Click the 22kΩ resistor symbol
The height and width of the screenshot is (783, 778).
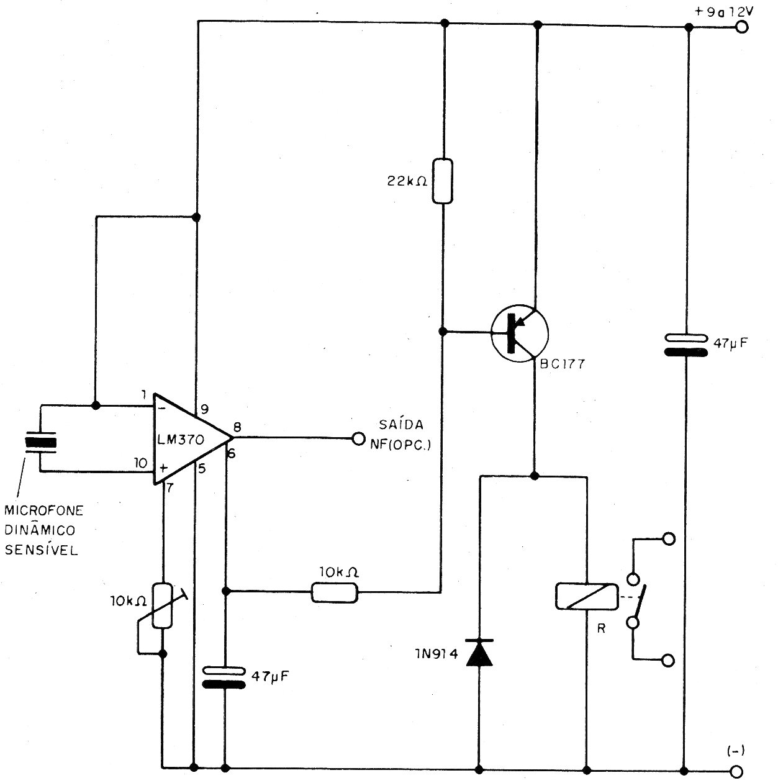[442, 181]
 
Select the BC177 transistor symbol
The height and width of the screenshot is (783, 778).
[520, 333]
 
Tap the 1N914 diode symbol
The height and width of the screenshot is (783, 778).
[479, 653]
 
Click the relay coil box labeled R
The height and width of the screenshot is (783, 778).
[587, 597]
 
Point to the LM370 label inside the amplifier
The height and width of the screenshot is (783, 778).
[181, 440]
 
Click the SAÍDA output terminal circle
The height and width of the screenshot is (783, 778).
[358, 438]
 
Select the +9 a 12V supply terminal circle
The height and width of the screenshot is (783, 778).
[742, 27]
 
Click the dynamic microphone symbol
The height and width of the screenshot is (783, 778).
[40, 443]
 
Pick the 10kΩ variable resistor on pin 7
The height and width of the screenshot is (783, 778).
[163, 605]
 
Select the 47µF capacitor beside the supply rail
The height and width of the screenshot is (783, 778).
[685, 345]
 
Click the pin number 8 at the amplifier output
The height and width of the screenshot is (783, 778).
[237, 427]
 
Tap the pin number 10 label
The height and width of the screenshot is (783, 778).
[141, 463]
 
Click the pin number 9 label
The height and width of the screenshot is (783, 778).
[204, 409]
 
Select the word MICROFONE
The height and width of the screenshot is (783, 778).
[44, 510]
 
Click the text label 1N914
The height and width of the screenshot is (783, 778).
[436, 654]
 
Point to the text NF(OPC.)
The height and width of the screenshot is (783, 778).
[400, 445]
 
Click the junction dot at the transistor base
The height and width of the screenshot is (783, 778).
[443, 332]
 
